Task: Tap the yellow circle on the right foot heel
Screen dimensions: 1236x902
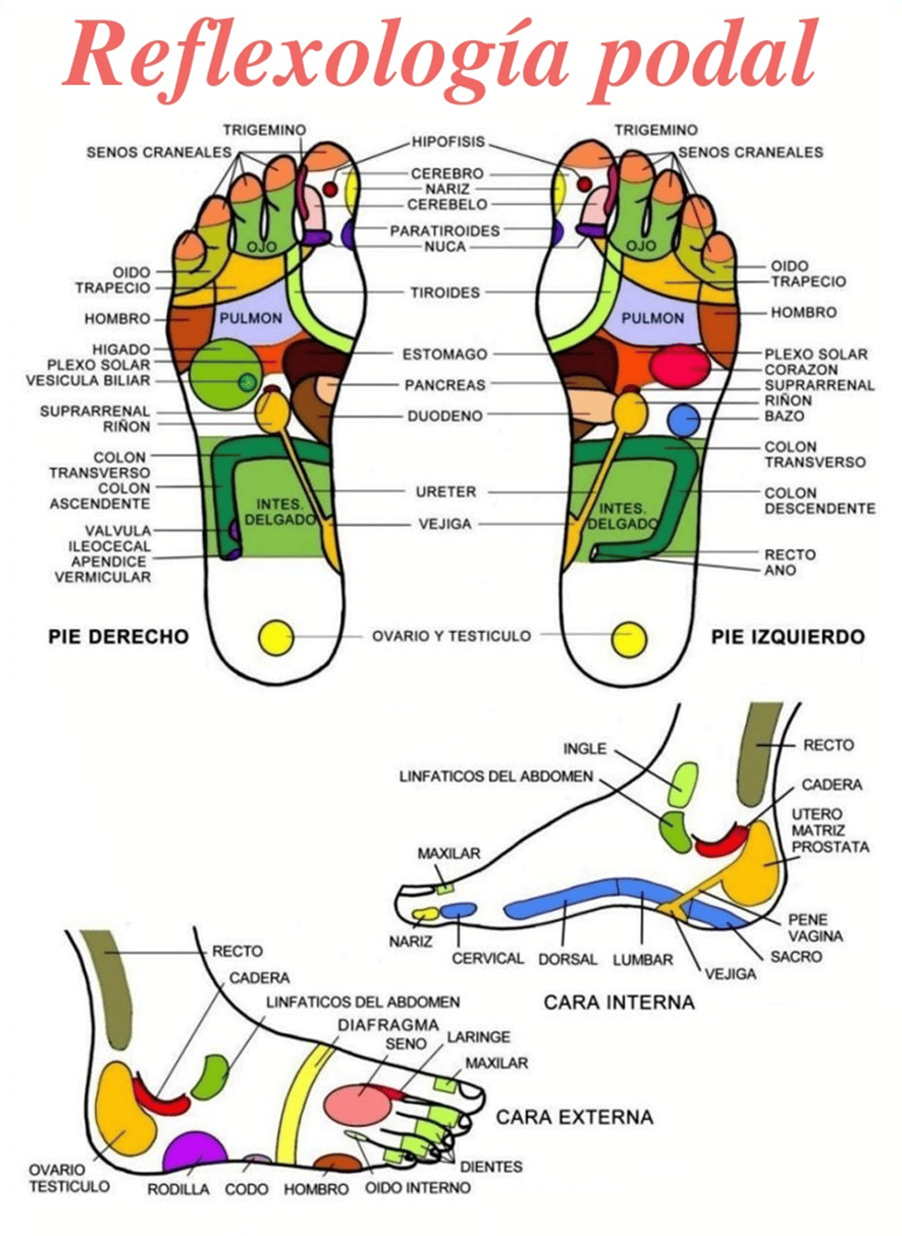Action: [276, 637]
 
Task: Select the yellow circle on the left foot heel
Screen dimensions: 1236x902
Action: [628, 639]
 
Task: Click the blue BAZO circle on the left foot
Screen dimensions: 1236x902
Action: [684, 420]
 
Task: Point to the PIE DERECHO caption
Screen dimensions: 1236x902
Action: [118, 636]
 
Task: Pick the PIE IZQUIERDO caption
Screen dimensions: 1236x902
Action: [787, 636]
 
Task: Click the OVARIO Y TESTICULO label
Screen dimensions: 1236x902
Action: [451, 636]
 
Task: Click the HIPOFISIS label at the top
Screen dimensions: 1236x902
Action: [448, 142]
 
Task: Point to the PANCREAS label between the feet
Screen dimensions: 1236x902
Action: [445, 385]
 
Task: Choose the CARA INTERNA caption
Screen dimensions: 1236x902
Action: [619, 1002]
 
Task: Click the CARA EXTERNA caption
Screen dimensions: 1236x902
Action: [574, 1117]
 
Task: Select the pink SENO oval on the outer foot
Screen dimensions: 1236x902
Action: [358, 1104]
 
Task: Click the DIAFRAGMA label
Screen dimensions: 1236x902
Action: [388, 1024]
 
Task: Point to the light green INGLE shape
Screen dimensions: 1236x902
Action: [683, 783]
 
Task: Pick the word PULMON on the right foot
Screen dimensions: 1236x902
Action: [250, 318]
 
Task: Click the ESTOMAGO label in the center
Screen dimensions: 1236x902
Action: [445, 354]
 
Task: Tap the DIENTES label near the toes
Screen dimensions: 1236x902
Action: [491, 1167]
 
